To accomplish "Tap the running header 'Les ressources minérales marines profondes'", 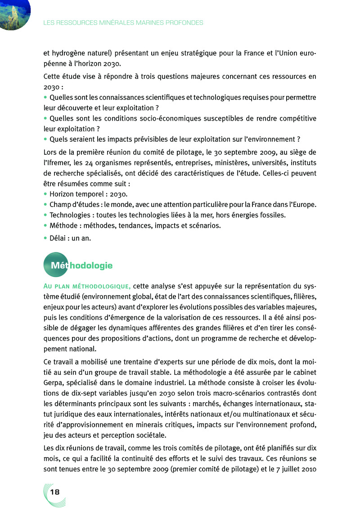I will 123,22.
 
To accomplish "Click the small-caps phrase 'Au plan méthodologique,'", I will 87,286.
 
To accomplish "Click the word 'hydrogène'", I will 67,53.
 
